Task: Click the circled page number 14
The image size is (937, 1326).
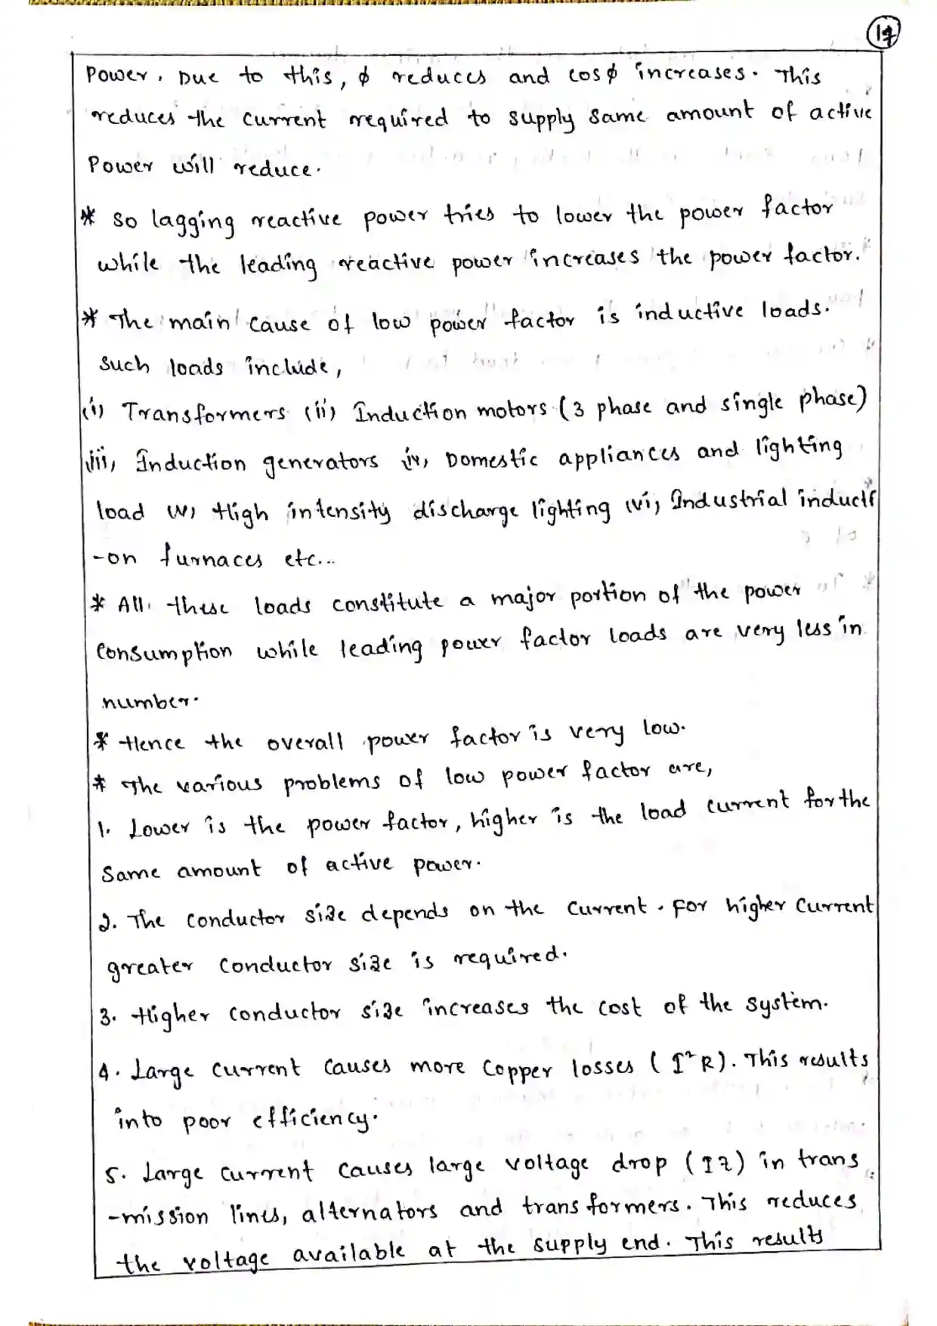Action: point(883,34)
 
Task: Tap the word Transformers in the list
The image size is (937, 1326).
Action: point(205,413)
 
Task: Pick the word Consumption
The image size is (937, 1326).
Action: point(164,651)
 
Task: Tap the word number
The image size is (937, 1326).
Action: point(149,702)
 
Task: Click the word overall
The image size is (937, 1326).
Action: point(305,742)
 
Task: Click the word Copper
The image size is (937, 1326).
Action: point(518,1070)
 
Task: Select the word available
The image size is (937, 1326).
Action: point(348,1253)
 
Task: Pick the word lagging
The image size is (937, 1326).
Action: point(193,221)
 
